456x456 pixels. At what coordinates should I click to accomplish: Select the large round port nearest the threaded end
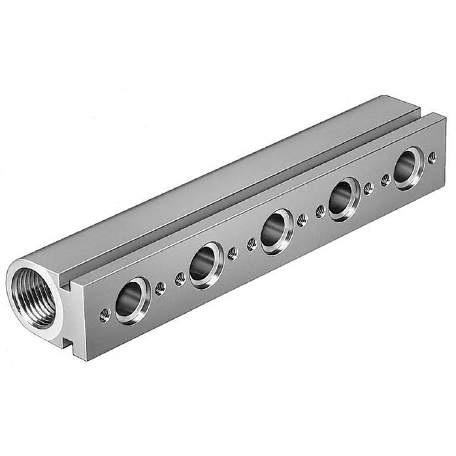[x=132, y=301]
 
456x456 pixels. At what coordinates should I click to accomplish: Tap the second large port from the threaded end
[x=206, y=265]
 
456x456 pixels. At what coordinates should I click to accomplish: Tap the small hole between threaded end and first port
[x=105, y=314]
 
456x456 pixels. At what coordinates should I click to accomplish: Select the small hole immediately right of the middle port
[x=301, y=220]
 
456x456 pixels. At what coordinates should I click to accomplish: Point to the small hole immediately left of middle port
[x=251, y=244]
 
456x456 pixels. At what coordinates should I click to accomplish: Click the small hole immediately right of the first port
[x=160, y=288]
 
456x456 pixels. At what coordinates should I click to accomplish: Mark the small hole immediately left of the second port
[x=180, y=278]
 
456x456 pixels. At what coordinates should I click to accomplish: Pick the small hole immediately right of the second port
[x=233, y=254]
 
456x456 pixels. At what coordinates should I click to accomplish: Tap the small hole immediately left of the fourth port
[x=321, y=211]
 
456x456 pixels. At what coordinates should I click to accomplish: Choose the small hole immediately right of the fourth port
[x=368, y=188]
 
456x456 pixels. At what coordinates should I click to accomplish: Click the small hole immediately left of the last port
[x=386, y=180]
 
